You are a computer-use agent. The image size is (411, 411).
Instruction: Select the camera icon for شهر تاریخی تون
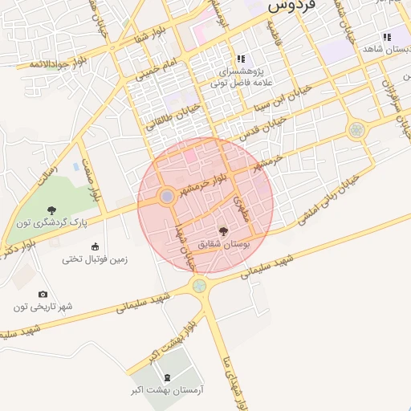click(x=43, y=295)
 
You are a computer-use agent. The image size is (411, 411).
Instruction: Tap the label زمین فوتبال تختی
click(x=95, y=258)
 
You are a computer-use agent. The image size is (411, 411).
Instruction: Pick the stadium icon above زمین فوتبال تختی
click(x=96, y=246)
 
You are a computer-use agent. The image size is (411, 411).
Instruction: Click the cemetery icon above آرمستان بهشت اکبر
click(x=167, y=376)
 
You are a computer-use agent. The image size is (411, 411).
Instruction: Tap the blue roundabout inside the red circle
click(x=166, y=196)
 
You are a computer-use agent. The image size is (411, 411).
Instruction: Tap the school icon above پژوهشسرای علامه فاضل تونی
click(x=240, y=59)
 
